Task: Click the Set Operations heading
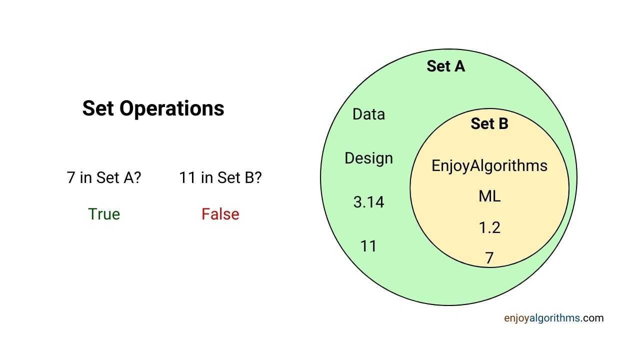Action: [x=153, y=108]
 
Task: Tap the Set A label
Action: [x=445, y=66]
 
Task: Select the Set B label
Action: [x=489, y=124]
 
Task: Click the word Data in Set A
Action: [x=368, y=114]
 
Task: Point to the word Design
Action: [x=368, y=158]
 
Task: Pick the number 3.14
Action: [x=368, y=202]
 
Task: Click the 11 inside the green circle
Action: [x=368, y=246]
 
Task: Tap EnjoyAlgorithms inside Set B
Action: [x=489, y=166]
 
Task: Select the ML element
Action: [x=489, y=196]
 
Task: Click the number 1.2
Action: [x=489, y=228]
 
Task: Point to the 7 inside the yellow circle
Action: [x=489, y=258]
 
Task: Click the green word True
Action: [x=104, y=214]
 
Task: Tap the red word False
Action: [x=220, y=214]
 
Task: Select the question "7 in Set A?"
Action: [x=104, y=177]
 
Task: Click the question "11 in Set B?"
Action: [x=220, y=177]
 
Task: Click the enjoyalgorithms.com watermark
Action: [x=553, y=318]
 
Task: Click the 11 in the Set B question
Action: [x=187, y=177]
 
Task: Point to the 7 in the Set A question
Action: [x=71, y=177]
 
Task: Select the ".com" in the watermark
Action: [x=592, y=318]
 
